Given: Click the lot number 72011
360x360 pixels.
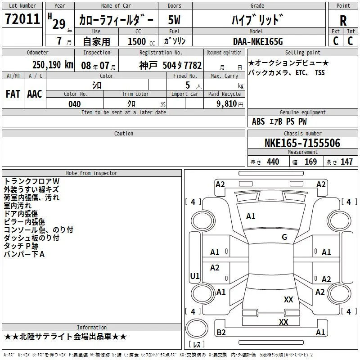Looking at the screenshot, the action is click(x=22, y=19).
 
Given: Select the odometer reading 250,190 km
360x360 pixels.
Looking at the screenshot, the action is click(x=53, y=65).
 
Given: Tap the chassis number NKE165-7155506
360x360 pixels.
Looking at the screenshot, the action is click(x=302, y=143).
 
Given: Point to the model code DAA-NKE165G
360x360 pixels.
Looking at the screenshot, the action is click(x=258, y=41).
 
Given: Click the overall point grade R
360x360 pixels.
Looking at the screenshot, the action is click(x=343, y=21).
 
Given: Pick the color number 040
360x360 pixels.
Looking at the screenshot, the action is click(x=75, y=104).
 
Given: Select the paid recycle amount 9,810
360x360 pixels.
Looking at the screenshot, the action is click(x=227, y=104).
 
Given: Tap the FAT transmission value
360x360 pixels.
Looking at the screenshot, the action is click(x=13, y=94).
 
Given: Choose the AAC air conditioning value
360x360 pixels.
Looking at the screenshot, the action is click(x=35, y=94).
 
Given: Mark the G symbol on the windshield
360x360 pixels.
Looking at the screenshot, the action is click(x=284, y=237).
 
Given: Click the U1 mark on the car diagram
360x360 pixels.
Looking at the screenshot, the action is click(x=195, y=276).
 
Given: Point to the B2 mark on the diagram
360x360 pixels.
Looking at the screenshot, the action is click(x=221, y=332).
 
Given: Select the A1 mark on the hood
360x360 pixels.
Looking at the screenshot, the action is click(x=251, y=216).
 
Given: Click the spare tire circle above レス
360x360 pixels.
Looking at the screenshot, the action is click(x=197, y=328).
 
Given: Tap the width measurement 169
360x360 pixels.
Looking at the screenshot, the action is click(x=310, y=162).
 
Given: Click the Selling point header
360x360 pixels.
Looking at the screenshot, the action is click(x=302, y=53).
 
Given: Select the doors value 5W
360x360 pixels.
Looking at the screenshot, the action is click(x=174, y=20).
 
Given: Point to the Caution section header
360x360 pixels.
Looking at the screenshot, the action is click(x=123, y=133).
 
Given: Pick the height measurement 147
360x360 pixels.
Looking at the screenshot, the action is click(x=346, y=162).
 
